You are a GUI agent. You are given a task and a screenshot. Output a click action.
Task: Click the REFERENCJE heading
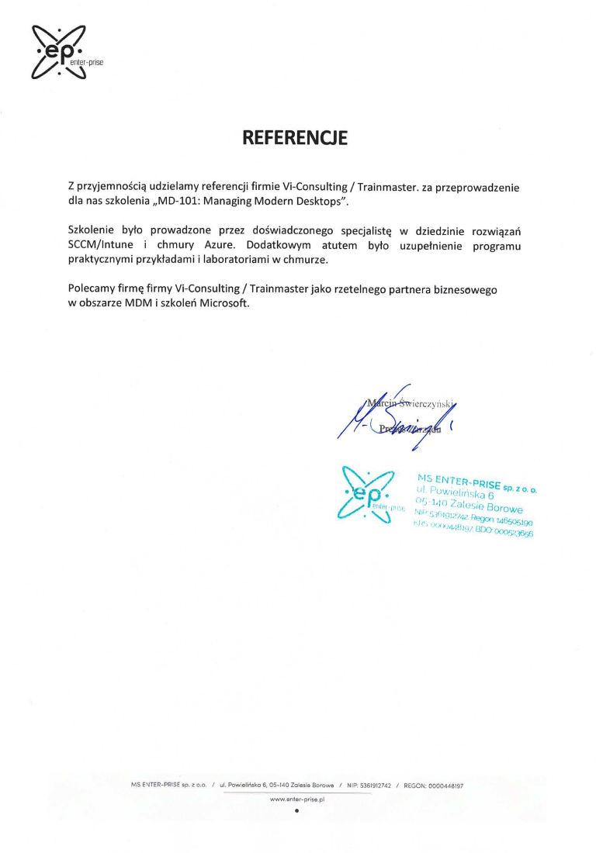tap(295, 138)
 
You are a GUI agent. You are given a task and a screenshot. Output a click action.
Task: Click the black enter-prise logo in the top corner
tap(60, 52)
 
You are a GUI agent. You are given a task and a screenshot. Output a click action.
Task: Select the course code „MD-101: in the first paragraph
tap(185, 201)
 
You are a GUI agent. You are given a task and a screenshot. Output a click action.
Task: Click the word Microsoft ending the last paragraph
tap(224, 304)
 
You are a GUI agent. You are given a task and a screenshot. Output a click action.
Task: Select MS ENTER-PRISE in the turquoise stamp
tap(458, 482)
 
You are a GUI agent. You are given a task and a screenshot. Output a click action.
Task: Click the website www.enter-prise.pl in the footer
tap(297, 798)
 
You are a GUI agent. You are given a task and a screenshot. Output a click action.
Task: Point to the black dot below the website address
tap(297, 812)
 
